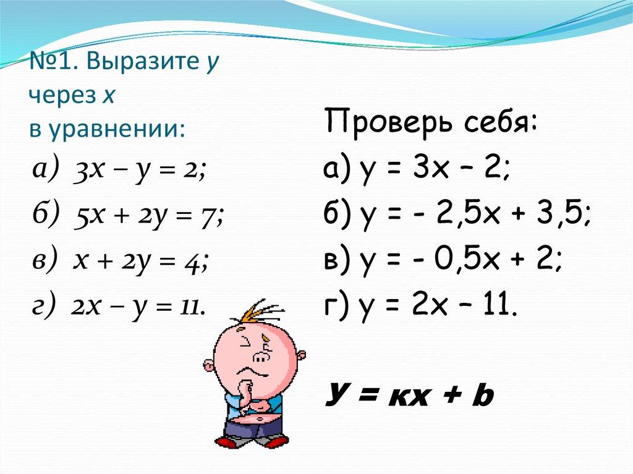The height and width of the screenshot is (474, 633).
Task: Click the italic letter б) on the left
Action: pos(43,216)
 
